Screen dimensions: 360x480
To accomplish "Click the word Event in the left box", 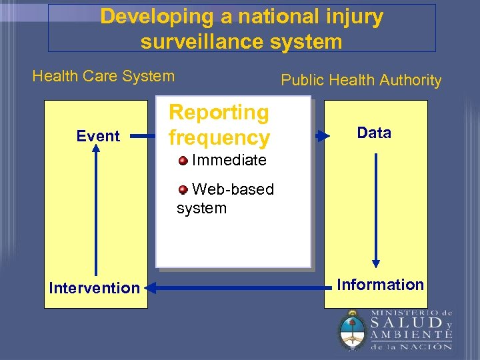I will [98, 137].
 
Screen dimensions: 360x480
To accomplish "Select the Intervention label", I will [94, 288].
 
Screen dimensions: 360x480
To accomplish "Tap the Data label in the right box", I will [374, 133].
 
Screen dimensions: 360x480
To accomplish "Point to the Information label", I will [380, 285].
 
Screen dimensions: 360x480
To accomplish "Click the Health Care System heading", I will [103, 76].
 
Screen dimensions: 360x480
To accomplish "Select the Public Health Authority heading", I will [361, 81].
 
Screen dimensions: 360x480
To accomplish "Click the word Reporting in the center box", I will [219, 113].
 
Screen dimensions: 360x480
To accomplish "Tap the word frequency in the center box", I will [219, 138].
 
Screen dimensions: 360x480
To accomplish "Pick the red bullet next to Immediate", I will [183, 159].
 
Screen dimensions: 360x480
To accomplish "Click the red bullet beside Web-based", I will [183, 189].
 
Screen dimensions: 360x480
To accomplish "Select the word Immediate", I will [229, 160].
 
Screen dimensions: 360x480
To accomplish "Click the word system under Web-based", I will [201, 208].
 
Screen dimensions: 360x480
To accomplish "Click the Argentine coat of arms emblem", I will [351, 331].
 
